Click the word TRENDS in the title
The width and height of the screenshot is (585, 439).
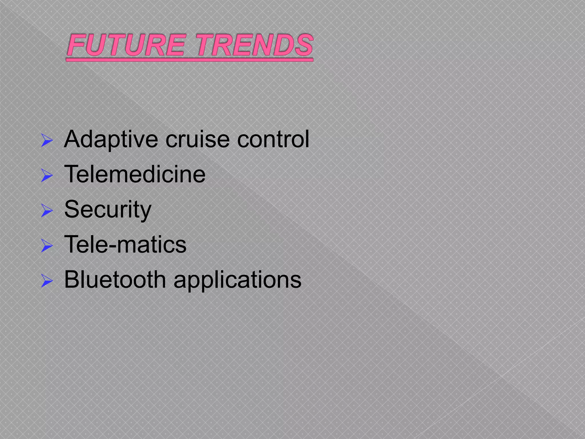[254, 45]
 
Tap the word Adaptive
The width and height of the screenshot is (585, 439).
[111, 139]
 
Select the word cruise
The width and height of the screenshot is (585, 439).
[197, 139]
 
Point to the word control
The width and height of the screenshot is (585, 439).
[273, 139]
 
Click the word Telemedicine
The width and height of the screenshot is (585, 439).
[135, 174]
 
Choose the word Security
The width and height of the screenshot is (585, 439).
[108, 209]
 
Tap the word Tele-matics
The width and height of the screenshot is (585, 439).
[125, 244]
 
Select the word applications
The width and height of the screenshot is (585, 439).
[237, 280]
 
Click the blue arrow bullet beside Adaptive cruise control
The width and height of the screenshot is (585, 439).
[47, 140]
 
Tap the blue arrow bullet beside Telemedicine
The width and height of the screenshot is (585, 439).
[47, 175]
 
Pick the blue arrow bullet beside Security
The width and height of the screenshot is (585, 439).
[47, 211]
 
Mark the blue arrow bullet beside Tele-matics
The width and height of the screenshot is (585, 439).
[47, 246]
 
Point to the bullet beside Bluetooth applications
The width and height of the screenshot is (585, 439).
[47, 281]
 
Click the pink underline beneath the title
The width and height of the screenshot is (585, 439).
[189, 60]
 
